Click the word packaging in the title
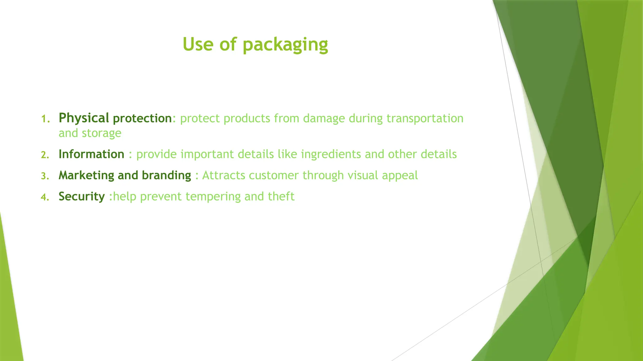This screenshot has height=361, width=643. [x=285, y=45]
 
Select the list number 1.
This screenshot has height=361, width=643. [x=45, y=119]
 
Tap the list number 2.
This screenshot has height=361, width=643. [x=45, y=155]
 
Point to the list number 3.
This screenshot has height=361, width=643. [x=45, y=176]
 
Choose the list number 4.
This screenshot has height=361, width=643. [x=45, y=197]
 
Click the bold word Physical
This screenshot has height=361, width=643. [x=84, y=118]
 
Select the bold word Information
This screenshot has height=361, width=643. [x=91, y=154]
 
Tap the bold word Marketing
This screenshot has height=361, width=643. [x=86, y=175]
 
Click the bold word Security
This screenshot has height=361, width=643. [x=82, y=196]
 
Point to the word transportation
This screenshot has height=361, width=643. [x=425, y=118]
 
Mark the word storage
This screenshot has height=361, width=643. [x=101, y=133]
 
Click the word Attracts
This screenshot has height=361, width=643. [x=224, y=175]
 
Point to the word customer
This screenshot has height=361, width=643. [x=273, y=175]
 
